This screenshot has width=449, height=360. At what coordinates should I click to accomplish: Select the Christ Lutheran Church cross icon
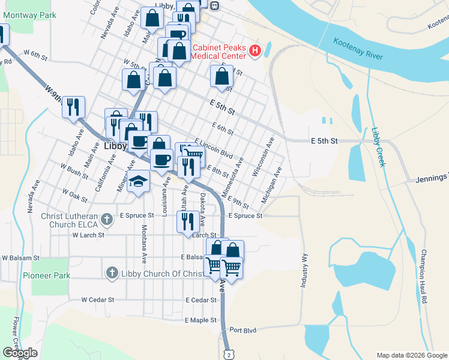pyautogui.click(x=107, y=218)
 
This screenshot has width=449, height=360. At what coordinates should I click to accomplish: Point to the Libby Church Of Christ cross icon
pyautogui.click(x=111, y=274)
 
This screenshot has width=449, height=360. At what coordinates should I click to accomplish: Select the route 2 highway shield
pyautogui.click(x=228, y=354)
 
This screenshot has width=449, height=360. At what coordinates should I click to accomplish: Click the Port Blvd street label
pyautogui.click(x=243, y=330)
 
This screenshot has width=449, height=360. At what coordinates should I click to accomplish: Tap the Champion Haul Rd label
pyautogui.click(x=424, y=275)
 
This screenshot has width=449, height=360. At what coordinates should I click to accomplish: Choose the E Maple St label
pyautogui.click(x=200, y=320)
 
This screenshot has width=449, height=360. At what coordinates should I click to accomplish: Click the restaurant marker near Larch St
pyautogui.click(x=188, y=221)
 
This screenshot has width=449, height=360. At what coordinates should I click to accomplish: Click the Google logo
pyautogui.click(x=20, y=353)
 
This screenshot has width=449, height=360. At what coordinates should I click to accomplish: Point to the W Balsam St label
pyautogui.click(x=20, y=257)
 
